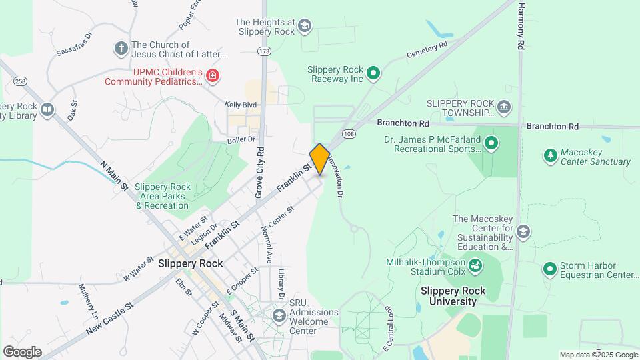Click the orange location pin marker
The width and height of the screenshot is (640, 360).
coord(320,159)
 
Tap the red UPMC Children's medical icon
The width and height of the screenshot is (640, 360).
coord(213,77)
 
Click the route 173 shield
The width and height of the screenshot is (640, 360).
coord(265,51)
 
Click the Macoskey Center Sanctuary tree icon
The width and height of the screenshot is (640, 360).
coord(551,156)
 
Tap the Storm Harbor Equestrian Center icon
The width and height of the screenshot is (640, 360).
coord(550,269)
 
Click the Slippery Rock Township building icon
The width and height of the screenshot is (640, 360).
coord(504,107)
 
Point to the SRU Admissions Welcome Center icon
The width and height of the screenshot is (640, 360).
coord(279,315)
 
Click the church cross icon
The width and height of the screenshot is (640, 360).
coord(121,49)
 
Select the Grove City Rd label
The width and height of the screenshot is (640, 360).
coord(259,173)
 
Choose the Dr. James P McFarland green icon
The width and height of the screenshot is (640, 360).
coord(491,143)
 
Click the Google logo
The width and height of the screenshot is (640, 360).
coord(22,351)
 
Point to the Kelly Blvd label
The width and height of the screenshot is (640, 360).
coord(241,105)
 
